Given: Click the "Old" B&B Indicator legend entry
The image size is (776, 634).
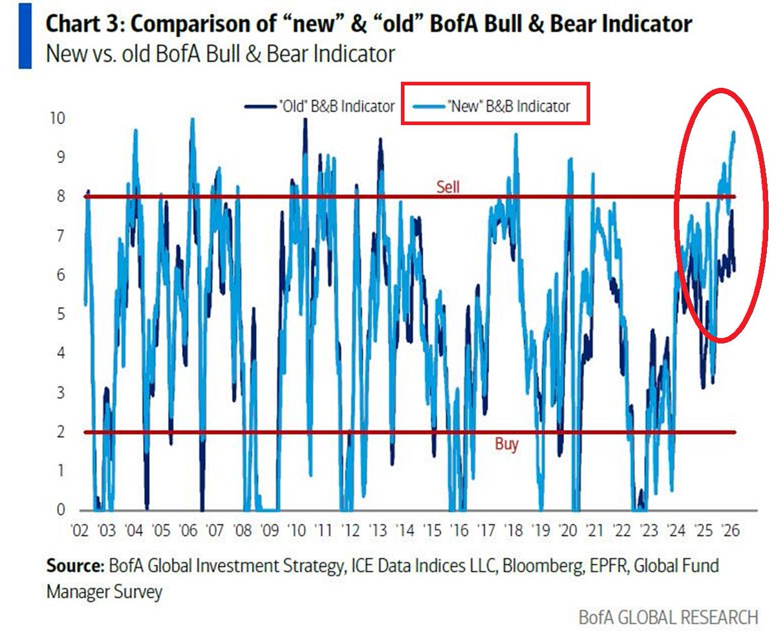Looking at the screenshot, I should click(319, 106).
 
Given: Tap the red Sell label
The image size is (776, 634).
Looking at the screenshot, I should click(449, 187).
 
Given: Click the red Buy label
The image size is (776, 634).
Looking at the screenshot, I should click(506, 444).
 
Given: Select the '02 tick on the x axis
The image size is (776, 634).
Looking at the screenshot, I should click(79, 529).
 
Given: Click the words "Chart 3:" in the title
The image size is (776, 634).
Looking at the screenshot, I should click(84, 25).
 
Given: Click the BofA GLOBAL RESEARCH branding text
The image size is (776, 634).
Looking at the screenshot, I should click(667, 617).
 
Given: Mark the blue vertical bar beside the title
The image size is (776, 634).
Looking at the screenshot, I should click(25, 36).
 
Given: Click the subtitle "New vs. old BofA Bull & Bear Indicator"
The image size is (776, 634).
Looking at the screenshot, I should click(220, 54).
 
